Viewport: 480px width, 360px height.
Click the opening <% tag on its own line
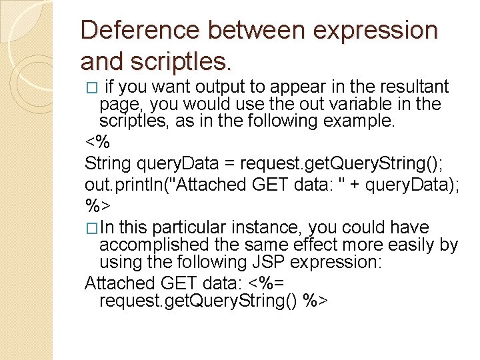[97, 143]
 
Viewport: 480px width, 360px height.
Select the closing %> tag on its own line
[97, 206]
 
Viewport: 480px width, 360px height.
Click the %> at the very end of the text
[315, 301]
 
